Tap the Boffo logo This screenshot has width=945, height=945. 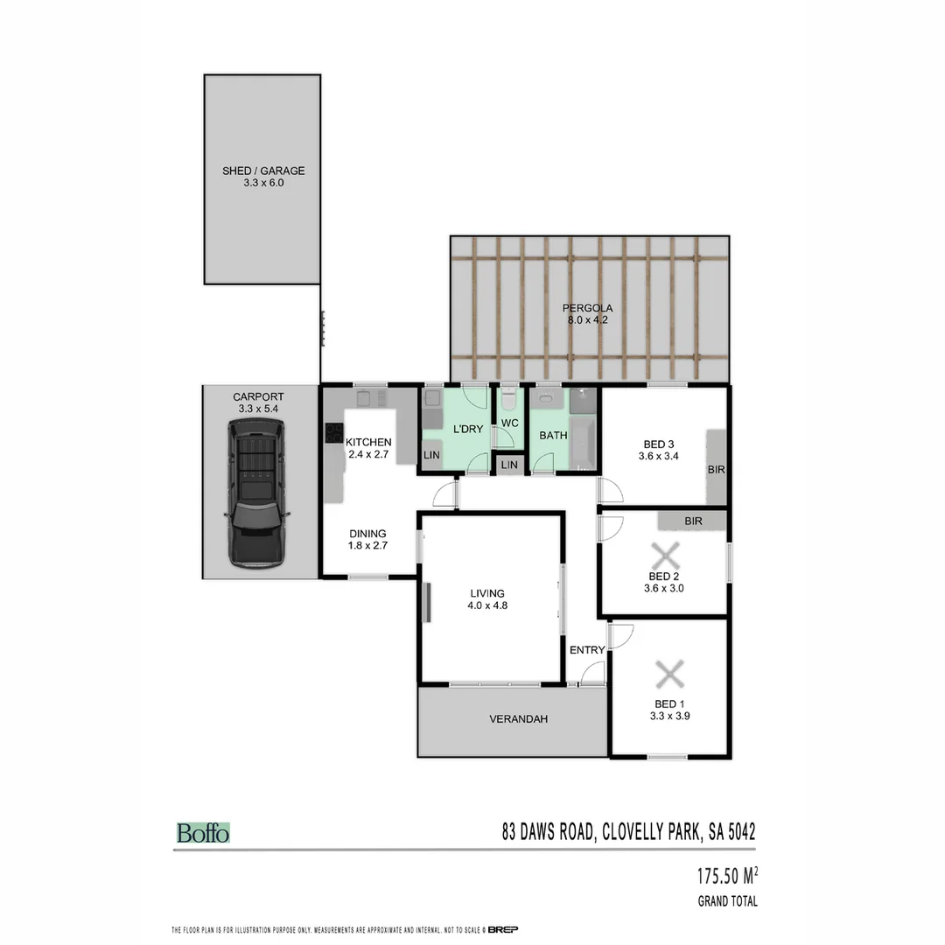pos(203,833)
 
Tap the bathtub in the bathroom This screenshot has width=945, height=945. pos(584,443)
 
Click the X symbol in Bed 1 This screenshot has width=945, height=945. pos(669,675)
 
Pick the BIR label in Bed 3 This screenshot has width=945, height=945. pos(716,470)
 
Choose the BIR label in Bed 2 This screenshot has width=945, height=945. pos(694,521)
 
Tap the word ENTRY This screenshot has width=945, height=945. pos(586,650)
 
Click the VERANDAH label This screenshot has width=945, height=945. pos(518,719)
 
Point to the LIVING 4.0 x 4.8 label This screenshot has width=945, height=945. pos(487,599)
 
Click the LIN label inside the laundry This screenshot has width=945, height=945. pos(431,455)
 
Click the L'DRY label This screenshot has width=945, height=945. pos(468,429)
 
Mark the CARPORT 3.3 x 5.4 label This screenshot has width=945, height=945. pos(258,402)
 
